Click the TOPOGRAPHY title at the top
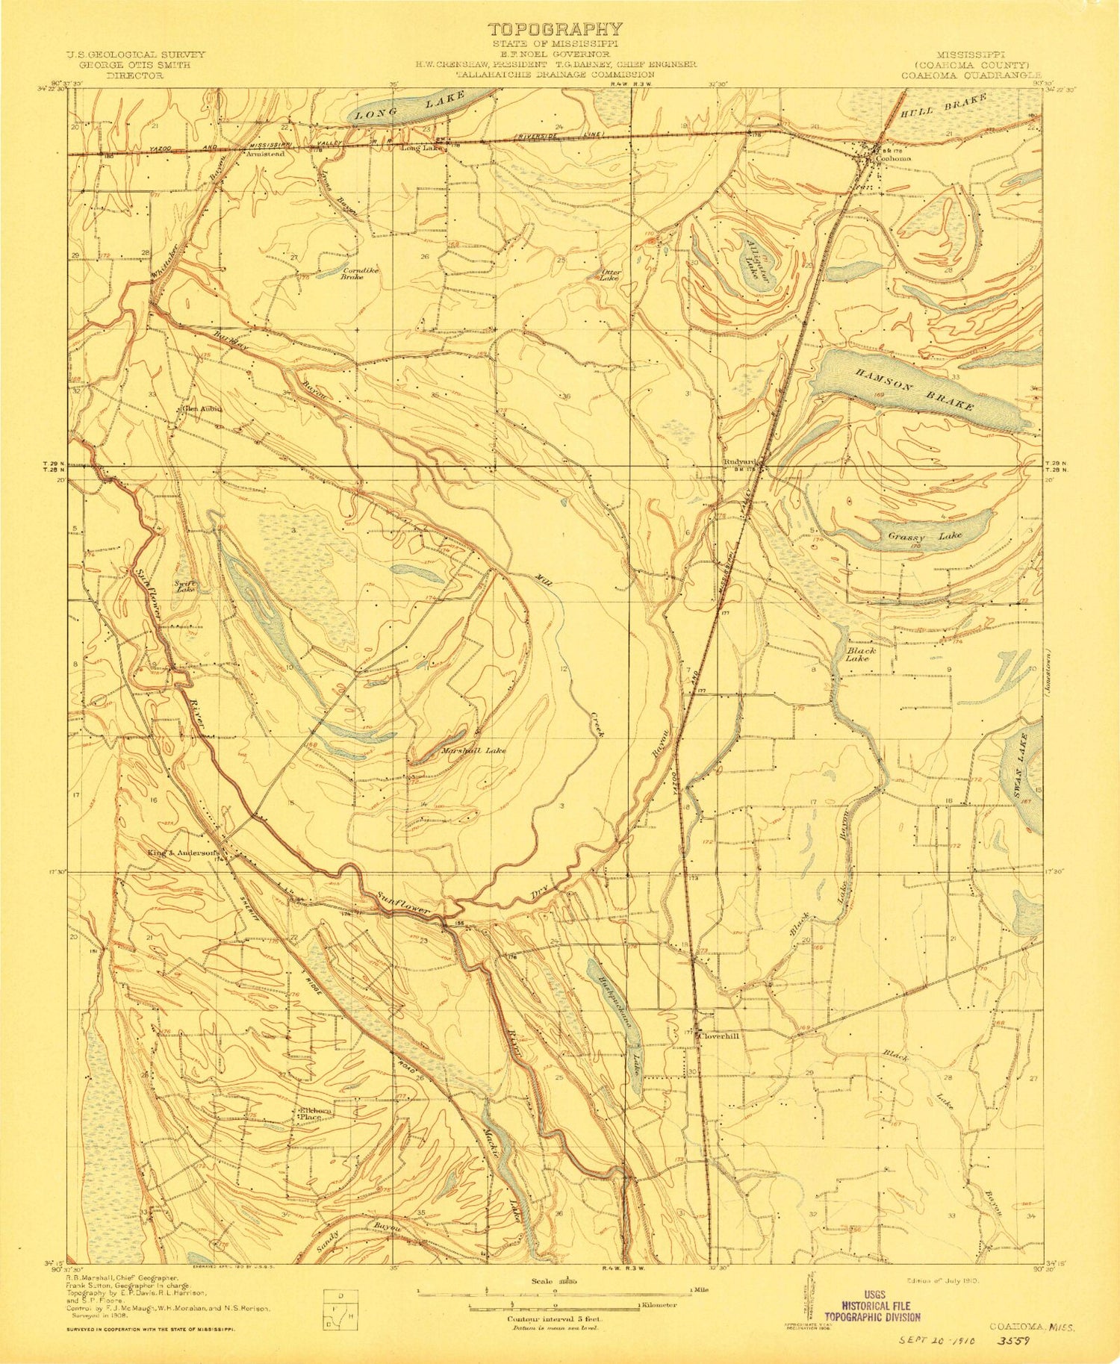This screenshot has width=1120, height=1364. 554,29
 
